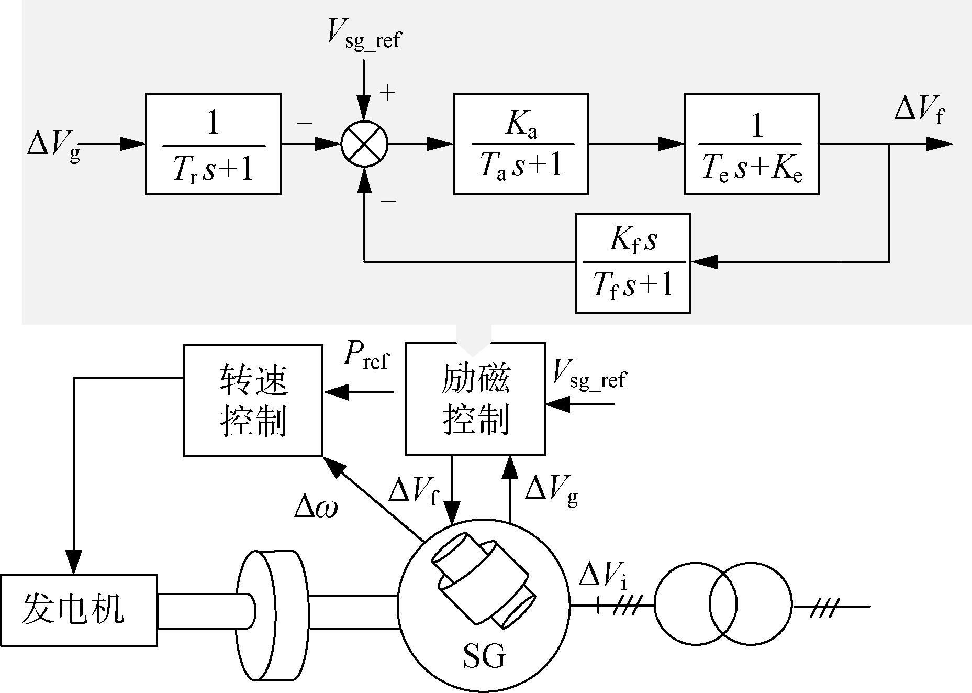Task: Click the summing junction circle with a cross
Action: (x=364, y=144)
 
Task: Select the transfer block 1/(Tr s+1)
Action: (x=213, y=144)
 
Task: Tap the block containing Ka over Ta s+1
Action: (x=521, y=144)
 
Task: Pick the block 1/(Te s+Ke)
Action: (x=751, y=144)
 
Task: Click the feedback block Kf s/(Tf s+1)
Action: (x=633, y=263)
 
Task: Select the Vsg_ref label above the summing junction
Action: (x=364, y=34)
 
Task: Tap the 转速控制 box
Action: (x=253, y=400)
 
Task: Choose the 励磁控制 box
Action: (x=475, y=399)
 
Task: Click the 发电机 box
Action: (x=79, y=610)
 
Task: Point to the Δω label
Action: (x=316, y=507)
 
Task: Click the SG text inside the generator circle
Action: (x=484, y=655)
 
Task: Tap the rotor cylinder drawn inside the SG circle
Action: (x=483, y=578)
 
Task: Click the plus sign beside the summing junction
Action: (x=387, y=93)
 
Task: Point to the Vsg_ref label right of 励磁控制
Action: (x=589, y=375)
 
